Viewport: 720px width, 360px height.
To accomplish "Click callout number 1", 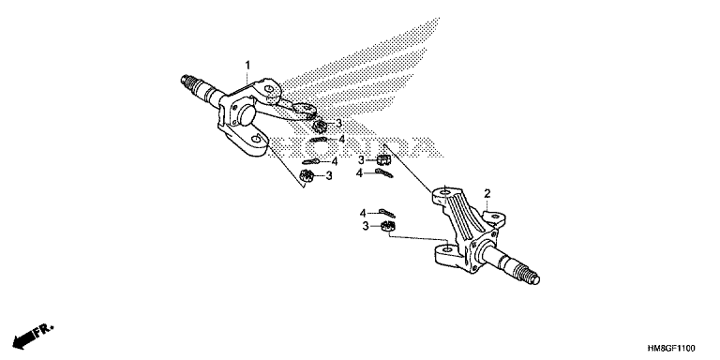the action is (x=247, y=66).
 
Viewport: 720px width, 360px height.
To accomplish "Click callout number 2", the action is (x=487, y=193).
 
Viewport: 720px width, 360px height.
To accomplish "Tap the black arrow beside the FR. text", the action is (x=24, y=338).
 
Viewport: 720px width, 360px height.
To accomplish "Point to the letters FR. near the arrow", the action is (x=46, y=330).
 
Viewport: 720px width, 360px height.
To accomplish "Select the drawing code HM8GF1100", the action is (x=672, y=349).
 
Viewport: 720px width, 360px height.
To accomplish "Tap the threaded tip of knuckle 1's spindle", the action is (x=189, y=82).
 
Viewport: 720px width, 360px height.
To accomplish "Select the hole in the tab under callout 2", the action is (x=495, y=216).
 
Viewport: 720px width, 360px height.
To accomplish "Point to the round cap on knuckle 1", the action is (x=246, y=114).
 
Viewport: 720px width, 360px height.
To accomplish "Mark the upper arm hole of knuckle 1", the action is (x=270, y=88).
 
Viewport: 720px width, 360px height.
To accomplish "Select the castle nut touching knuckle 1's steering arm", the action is (x=318, y=125).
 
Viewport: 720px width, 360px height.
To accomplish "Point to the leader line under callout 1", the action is (x=247, y=78).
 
